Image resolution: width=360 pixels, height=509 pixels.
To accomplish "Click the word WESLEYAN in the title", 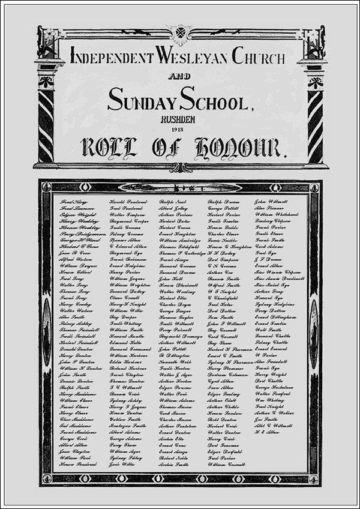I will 191,57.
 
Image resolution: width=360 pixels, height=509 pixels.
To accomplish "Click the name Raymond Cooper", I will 130,221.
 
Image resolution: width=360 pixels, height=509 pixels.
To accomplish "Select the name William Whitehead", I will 278,215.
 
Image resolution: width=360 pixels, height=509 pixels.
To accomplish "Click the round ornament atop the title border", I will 180,31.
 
